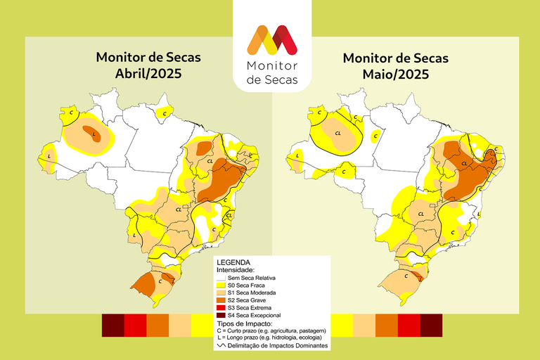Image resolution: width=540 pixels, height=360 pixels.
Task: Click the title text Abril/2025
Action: pyautogui.click(x=145, y=74)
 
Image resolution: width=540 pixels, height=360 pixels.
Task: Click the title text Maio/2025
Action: pyautogui.click(x=395, y=74)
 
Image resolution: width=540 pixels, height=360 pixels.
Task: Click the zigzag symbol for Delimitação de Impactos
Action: pyautogui.click(x=223, y=345)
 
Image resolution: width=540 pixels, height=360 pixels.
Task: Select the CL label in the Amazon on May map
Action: pyautogui.click(x=338, y=132)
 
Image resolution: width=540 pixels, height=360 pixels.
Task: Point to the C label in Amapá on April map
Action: pyautogui.click(x=165, y=112)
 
